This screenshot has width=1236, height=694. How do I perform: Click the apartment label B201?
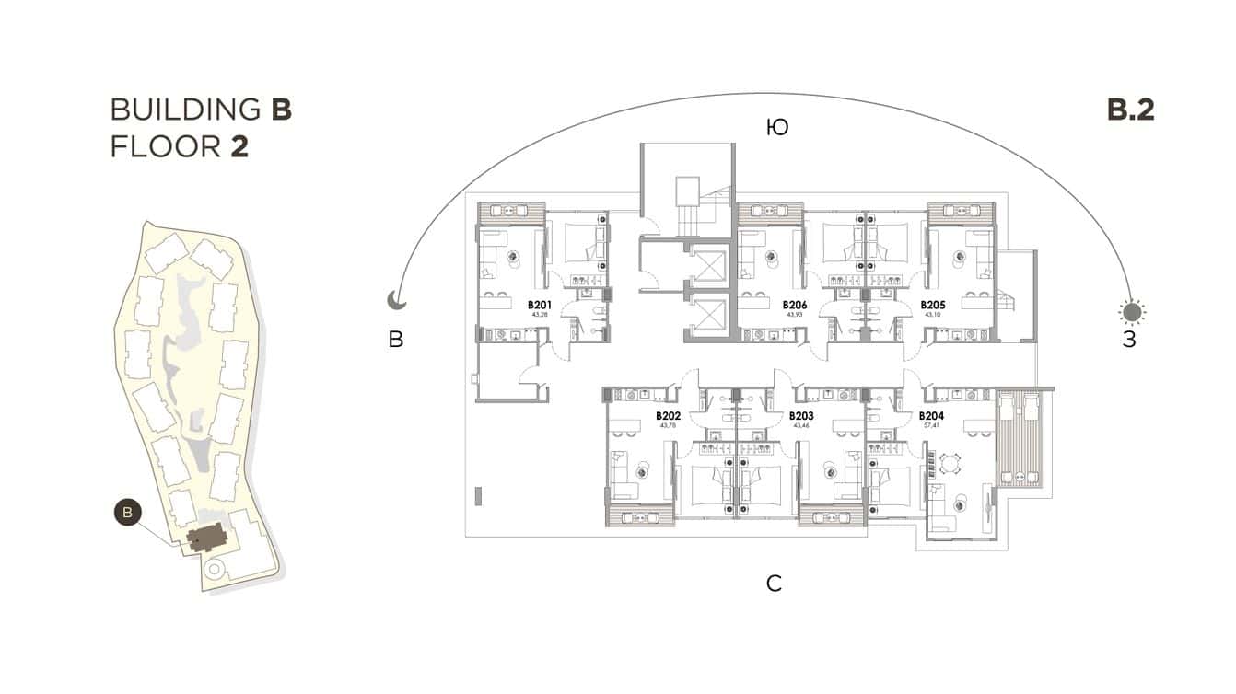point(539,305)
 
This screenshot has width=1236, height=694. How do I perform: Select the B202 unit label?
point(668,416)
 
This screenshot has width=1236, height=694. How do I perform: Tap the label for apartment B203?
point(800,416)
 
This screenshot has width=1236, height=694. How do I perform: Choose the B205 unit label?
point(933,305)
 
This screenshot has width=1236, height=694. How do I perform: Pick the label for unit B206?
point(795,305)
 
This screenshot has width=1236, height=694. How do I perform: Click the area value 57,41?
point(931,426)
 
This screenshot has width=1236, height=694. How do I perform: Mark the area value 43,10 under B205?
point(933,315)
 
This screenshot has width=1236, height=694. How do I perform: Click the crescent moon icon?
point(395,301)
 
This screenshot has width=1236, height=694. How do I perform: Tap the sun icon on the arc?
point(1132,312)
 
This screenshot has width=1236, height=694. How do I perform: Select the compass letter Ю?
point(777,128)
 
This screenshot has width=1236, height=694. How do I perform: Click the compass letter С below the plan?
point(775,583)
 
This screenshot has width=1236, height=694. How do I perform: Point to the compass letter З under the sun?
point(1129,341)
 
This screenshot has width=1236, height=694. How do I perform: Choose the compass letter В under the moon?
point(396,341)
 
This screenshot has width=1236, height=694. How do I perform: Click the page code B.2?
point(1130,110)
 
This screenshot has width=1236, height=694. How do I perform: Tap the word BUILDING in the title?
point(185,110)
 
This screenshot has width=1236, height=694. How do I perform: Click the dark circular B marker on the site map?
point(128,512)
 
